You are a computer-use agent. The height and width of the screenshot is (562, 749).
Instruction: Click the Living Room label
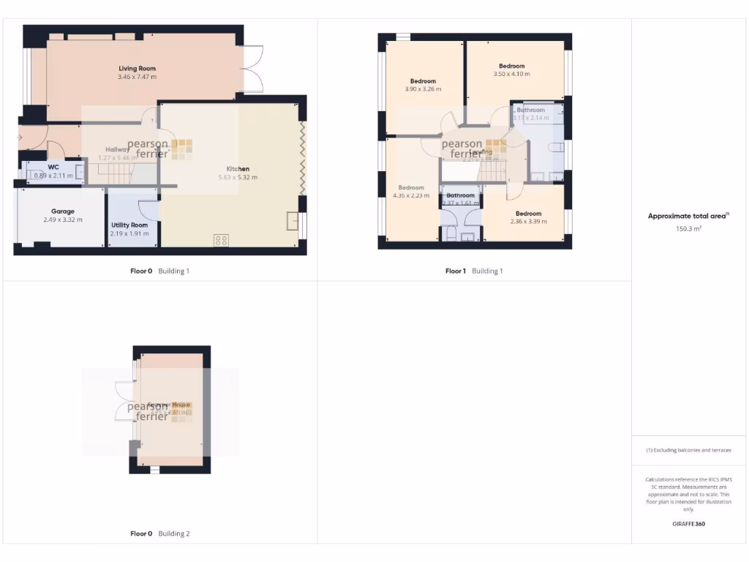[138, 69]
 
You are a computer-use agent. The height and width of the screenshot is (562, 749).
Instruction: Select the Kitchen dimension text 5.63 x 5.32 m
[238, 177]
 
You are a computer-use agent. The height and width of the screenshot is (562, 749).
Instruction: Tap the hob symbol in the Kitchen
[221, 239]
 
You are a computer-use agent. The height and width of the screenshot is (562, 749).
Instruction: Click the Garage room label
[62, 211]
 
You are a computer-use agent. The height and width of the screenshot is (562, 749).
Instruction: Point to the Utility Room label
[129, 225]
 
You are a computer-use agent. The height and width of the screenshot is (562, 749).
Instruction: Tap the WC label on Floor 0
[53, 167]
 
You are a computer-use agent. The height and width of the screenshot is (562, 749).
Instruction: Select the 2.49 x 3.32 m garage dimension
[62, 220]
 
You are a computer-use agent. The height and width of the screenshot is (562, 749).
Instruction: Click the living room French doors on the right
[253, 69]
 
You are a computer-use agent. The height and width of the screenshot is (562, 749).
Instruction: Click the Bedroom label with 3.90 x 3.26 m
[423, 81]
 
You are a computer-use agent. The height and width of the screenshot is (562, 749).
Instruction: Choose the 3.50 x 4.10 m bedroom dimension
[511, 74]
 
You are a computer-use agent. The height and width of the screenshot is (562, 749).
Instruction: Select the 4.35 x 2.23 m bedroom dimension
[411, 195]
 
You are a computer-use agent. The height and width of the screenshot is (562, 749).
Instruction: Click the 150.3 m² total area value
[688, 228]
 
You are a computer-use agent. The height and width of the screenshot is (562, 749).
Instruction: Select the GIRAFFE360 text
[688, 524]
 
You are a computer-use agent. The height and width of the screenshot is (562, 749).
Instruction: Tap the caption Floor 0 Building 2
[159, 533]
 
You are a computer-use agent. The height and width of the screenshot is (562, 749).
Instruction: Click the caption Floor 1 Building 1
[474, 271]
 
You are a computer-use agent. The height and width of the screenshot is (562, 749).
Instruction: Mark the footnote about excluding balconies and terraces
[688, 450]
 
